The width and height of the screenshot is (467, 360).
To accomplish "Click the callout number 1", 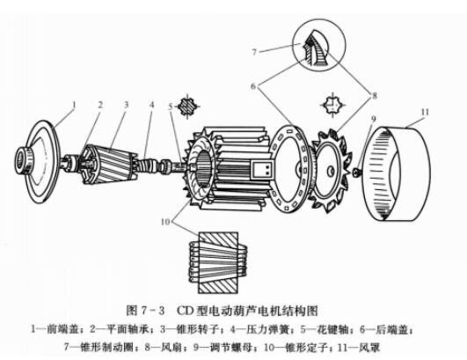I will click(x=75, y=103).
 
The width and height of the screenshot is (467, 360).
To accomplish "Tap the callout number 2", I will click(x=100, y=105).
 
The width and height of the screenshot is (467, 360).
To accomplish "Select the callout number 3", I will click(x=127, y=105).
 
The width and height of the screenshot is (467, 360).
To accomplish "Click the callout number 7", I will click(x=254, y=53).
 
